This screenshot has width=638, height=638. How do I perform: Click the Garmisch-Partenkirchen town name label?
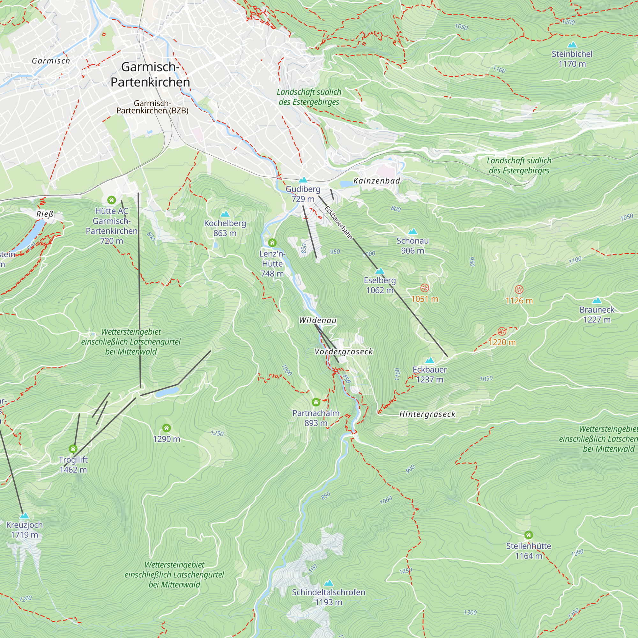(150, 75)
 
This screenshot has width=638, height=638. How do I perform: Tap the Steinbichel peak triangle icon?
(572, 45)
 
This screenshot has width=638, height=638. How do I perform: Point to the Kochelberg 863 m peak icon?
(225, 214)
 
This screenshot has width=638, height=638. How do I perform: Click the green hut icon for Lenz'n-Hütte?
(272, 243)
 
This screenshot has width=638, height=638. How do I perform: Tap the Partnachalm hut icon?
(316, 402)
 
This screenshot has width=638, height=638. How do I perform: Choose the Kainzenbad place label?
(376, 181)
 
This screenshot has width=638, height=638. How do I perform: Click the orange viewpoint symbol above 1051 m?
(424, 288)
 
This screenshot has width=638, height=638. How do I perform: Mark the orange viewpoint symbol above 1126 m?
(519, 290)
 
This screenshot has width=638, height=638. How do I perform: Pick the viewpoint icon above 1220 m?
(501, 331)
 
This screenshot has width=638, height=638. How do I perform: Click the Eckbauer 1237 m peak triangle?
(429, 360)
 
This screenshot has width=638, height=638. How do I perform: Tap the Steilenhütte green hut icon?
(528, 535)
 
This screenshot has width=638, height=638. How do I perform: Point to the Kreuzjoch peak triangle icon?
(24, 516)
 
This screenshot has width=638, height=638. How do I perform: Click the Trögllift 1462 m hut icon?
(73, 449)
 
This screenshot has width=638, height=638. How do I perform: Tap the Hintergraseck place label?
(427, 414)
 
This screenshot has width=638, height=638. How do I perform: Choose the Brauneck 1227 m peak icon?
(597, 300)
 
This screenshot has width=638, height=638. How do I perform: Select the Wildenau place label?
(318, 320)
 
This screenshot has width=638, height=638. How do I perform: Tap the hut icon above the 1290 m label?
(167, 428)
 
